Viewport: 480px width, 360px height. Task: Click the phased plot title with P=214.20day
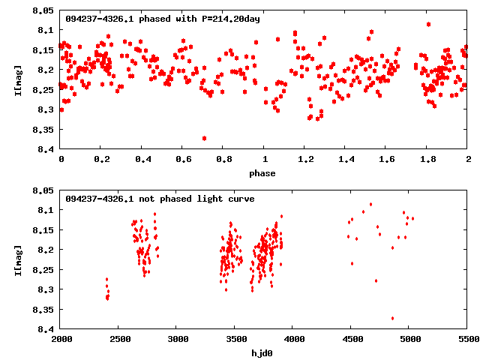point(163,19)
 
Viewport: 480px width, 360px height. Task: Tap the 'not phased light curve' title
point(160,199)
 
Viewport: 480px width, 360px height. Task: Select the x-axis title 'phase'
point(264,173)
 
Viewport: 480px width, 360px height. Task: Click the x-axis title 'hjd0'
point(264,353)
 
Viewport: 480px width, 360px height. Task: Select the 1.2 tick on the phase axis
point(305,160)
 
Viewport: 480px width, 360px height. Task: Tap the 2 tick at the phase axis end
point(468,160)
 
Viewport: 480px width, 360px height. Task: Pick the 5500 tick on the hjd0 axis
point(468,340)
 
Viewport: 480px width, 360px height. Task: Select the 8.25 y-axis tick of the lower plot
point(43,269)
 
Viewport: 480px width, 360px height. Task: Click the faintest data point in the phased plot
point(204,138)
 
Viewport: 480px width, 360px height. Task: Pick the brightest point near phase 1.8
point(428,24)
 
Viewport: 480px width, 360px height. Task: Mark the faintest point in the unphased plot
point(392,318)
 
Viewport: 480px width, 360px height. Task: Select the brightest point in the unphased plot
point(370,204)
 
